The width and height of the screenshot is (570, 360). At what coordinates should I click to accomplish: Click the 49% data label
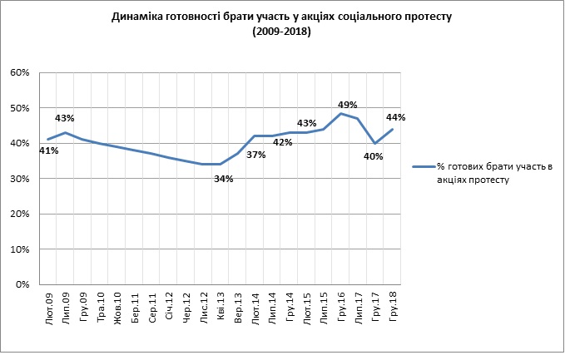348,105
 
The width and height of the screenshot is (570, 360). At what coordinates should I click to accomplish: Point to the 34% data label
224,178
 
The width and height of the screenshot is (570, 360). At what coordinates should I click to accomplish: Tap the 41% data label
49,150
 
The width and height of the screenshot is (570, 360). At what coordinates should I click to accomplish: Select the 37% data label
255,155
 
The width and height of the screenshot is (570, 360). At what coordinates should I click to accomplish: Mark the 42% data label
283,141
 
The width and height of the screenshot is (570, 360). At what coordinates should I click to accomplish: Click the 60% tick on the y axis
21,73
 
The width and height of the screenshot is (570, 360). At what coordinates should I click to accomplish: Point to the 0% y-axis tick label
23,285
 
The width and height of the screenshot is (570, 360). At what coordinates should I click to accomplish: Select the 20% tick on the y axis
21,215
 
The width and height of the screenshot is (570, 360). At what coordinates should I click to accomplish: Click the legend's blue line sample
424,167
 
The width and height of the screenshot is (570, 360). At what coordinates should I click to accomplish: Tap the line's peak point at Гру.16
340,113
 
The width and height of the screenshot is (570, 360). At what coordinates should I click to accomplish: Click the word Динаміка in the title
141,17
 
